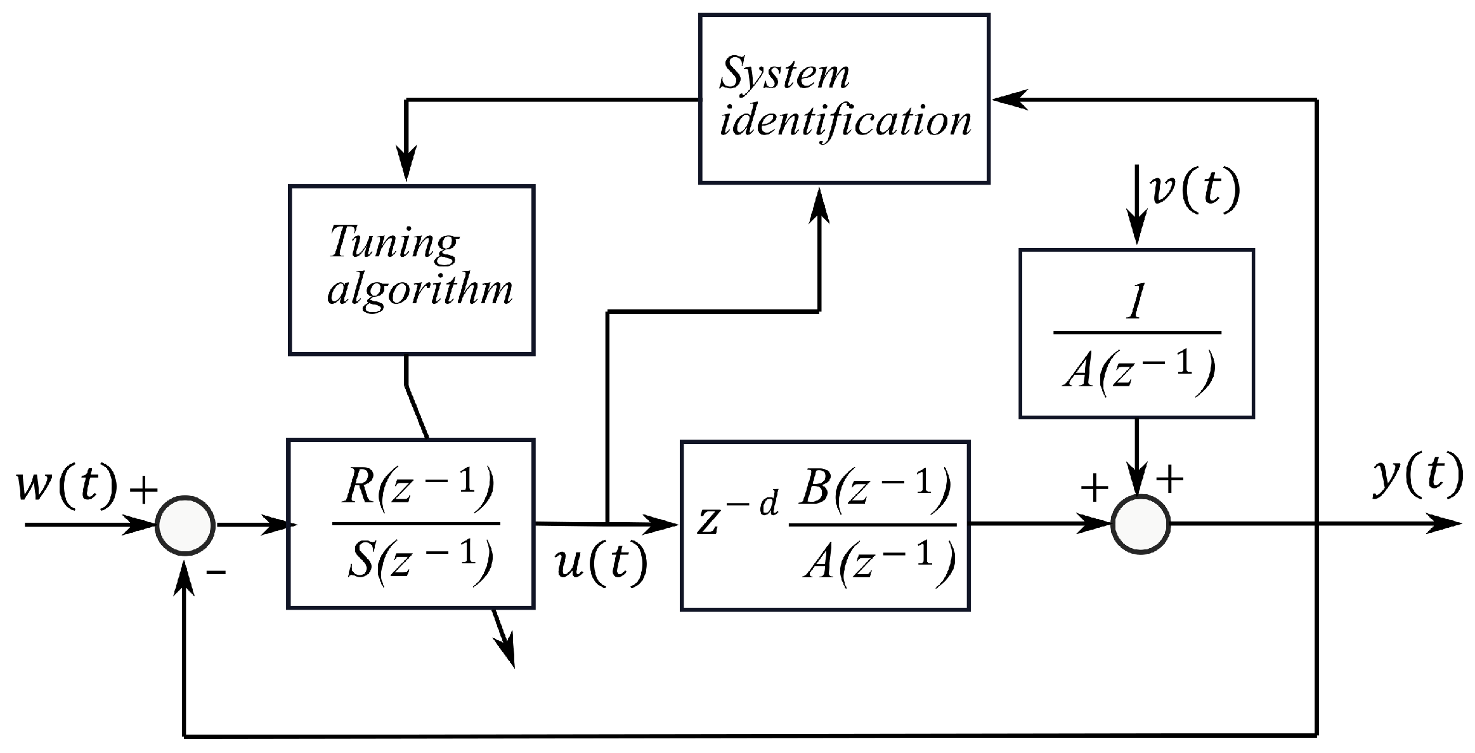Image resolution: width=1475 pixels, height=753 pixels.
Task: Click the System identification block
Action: coord(843,99)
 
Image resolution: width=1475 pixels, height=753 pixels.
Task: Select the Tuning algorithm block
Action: coord(411,270)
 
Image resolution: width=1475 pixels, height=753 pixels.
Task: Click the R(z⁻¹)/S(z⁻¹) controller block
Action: coord(411,523)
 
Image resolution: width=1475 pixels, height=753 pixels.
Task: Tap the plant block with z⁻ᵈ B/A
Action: coord(824,525)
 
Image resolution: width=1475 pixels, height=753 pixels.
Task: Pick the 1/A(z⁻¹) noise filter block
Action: coord(1136,333)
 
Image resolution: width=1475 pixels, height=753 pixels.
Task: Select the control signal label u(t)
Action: coord(601,562)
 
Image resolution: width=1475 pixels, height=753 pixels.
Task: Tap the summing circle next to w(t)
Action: coord(185,525)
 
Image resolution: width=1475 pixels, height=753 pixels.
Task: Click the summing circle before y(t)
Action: coord(1140,525)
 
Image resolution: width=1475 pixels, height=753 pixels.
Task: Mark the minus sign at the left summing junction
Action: coord(216,572)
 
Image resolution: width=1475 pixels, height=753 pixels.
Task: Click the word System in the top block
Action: coord(784,75)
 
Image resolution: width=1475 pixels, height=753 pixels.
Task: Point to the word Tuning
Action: coord(393,242)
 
